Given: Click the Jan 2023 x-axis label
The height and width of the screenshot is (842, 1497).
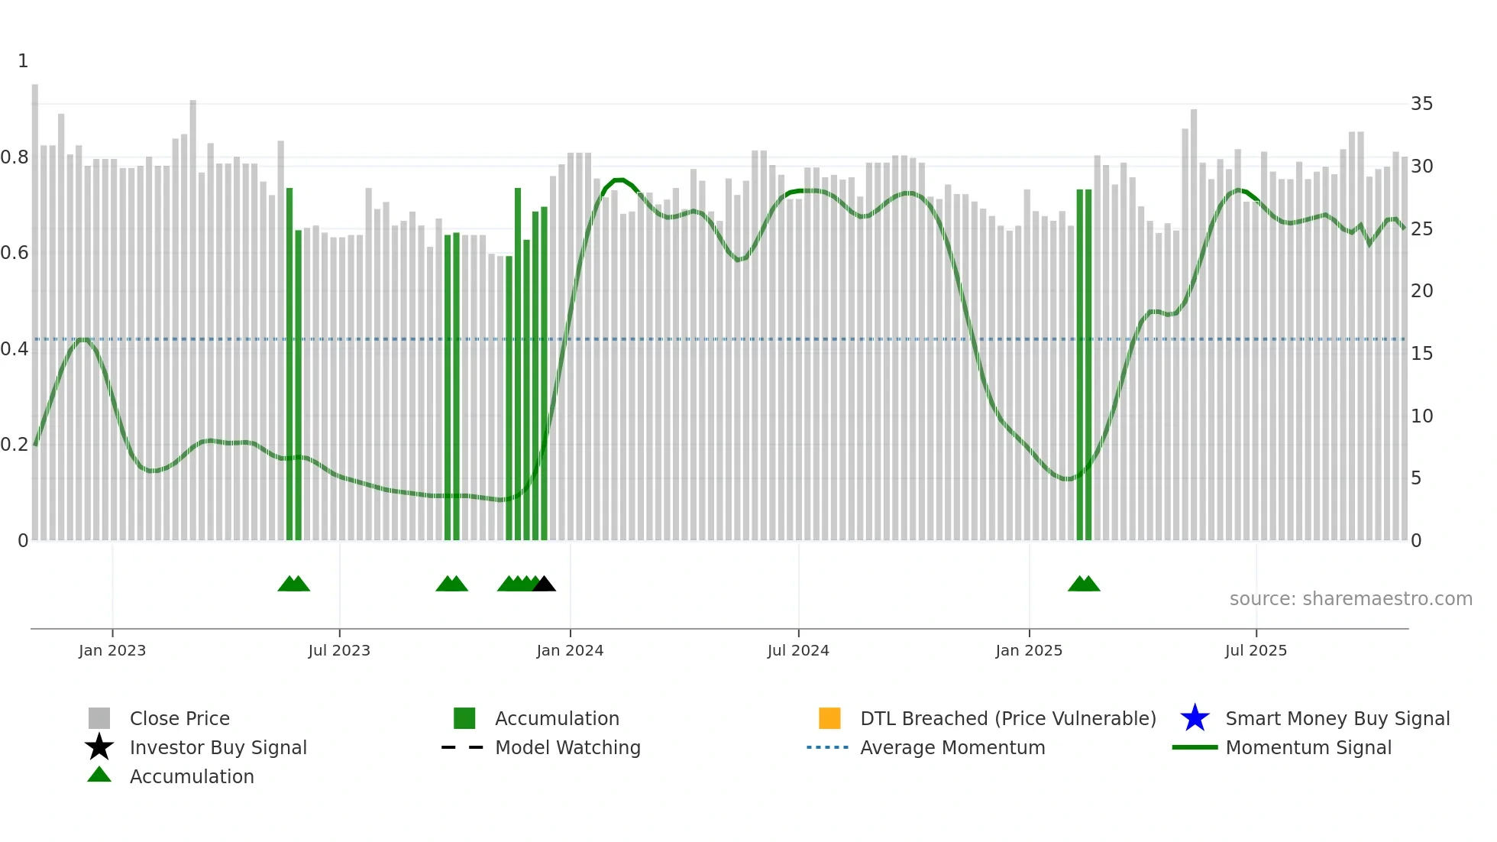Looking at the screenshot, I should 112,650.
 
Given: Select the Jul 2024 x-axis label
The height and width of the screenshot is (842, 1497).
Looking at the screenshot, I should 798,650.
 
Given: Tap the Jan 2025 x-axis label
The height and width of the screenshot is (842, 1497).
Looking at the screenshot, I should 1029,650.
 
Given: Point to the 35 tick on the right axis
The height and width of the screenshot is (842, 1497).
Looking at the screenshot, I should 1421,104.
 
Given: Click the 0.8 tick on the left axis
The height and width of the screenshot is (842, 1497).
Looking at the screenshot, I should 15,157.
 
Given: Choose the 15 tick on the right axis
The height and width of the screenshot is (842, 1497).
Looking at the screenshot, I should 1421,354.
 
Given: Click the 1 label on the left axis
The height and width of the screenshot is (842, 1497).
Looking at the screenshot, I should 23,61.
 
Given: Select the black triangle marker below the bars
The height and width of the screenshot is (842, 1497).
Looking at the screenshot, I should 544,585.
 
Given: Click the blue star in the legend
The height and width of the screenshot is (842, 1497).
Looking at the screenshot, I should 1195,718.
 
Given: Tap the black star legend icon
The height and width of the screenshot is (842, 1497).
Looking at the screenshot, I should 99,747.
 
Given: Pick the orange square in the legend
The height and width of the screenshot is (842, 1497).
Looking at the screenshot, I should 829,718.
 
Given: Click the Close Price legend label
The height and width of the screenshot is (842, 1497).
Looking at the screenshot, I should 179,718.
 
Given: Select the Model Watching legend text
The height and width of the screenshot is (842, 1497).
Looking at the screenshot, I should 567,747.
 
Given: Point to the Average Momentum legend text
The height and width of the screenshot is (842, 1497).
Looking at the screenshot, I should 952,747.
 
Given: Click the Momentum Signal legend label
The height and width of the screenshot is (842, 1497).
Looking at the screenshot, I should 1308,747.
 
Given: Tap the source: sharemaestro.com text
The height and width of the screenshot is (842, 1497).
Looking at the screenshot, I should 1350,599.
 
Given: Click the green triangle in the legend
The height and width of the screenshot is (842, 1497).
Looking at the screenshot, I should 99,775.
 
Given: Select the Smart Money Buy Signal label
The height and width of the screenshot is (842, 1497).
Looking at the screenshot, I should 1337,718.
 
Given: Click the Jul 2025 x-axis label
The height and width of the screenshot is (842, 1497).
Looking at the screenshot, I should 1256,650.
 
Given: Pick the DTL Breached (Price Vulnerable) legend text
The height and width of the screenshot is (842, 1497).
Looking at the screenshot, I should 1008,718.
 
